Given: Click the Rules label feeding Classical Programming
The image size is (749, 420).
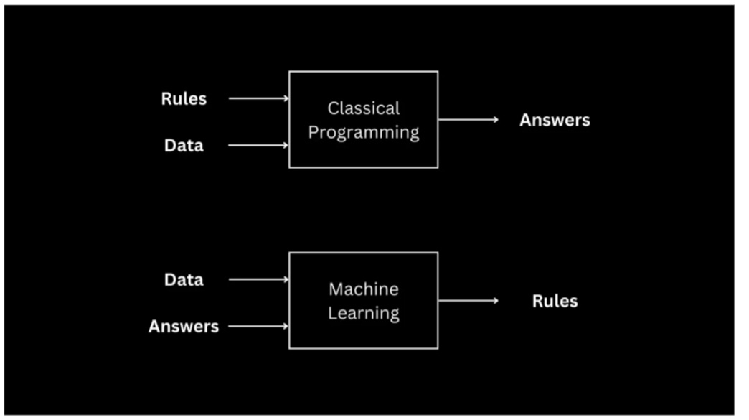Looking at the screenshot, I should tap(184, 99).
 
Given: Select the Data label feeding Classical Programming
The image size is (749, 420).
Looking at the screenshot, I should tap(184, 146).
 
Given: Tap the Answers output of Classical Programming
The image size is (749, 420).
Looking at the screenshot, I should tap(555, 120).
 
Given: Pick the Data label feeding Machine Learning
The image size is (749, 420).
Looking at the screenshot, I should tap(184, 279).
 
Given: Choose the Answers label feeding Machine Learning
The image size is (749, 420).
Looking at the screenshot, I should tap(184, 327).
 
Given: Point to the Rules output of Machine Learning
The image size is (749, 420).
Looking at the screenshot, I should tap(555, 301).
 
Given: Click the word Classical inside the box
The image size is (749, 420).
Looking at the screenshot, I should tap(364, 108).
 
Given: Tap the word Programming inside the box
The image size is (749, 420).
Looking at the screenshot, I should tap(364, 133).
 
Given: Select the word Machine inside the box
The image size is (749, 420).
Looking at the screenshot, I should tap(364, 289).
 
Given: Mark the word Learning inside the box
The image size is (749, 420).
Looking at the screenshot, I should tap(364, 314).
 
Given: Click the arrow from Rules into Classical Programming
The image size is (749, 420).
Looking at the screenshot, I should tap(258, 98).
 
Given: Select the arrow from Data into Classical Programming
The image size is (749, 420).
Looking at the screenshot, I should tap(258, 146).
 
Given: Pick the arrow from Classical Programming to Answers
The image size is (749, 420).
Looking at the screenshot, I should tap(468, 120).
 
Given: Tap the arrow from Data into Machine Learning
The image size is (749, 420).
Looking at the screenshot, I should tap(258, 279).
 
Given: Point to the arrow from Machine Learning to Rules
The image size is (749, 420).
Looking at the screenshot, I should tap(468, 301).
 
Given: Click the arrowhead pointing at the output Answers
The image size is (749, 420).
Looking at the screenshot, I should tap(495, 120).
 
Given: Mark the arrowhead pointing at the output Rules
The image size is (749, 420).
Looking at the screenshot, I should tap(495, 301).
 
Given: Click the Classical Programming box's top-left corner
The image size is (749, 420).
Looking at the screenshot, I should tap(289, 71).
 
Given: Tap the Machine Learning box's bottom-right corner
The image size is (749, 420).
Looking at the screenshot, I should tap(438, 348).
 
